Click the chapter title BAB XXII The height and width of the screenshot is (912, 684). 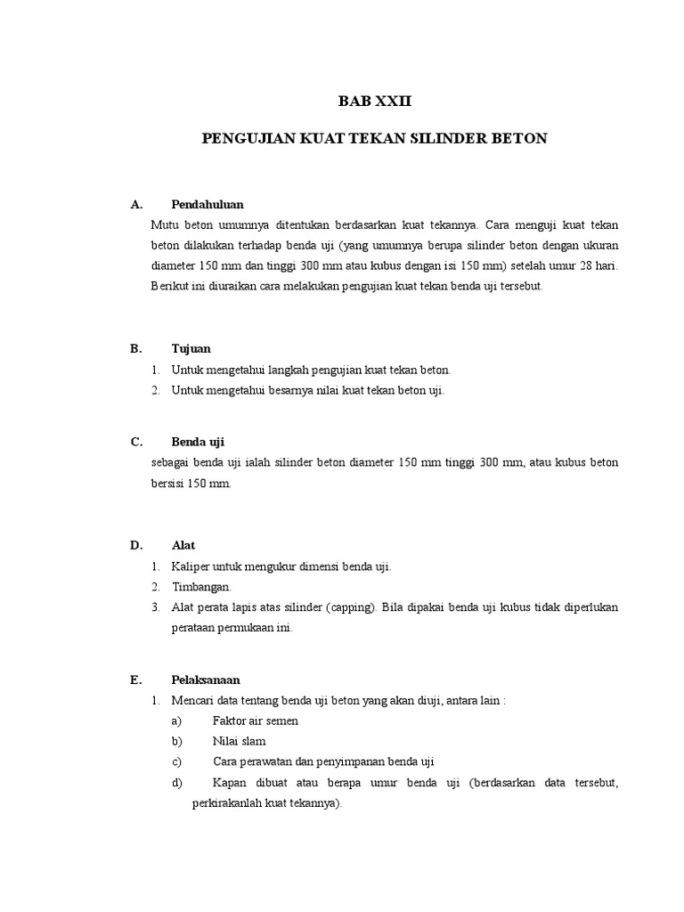(375, 102)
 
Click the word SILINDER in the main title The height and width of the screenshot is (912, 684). (452, 139)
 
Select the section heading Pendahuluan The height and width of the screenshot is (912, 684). (208, 205)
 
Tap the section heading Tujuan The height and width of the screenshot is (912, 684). (191, 349)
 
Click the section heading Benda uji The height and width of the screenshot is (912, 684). (197, 442)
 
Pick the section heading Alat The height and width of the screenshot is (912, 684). (183, 545)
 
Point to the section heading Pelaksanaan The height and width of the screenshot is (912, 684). (206, 680)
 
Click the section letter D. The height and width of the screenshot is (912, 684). (135, 545)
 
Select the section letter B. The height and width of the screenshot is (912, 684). (135, 349)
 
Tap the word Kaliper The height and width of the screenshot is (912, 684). (192, 566)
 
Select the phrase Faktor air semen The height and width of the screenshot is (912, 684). (256, 721)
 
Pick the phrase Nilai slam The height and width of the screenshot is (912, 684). (240, 741)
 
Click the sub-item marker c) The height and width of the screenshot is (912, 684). (175, 761)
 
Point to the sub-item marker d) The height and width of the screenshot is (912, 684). (175, 783)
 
